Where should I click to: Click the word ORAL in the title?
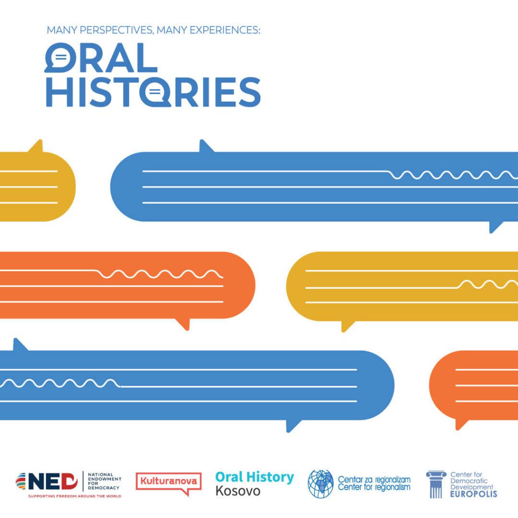[101, 58]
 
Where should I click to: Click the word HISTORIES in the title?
[153, 92]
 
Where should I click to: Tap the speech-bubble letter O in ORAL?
[61, 58]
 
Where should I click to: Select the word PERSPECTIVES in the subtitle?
[117, 30]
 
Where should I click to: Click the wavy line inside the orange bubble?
[160, 274]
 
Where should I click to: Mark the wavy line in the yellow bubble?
[488, 284]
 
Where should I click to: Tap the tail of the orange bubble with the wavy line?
[184, 324]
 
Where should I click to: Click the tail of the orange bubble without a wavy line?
[461, 424]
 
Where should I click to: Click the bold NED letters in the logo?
[53, 482]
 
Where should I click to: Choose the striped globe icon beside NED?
[21, 482]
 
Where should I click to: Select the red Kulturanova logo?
[168, 483]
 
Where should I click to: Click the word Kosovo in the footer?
[238, 491]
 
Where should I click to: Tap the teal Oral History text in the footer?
[254, 478]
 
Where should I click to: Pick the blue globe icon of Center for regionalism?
[320, 484]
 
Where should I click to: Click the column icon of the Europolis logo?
[436, 485]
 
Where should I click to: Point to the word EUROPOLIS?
[473, 494]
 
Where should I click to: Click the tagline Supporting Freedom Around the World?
[75, 496]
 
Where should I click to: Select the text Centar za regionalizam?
[374, 480]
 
